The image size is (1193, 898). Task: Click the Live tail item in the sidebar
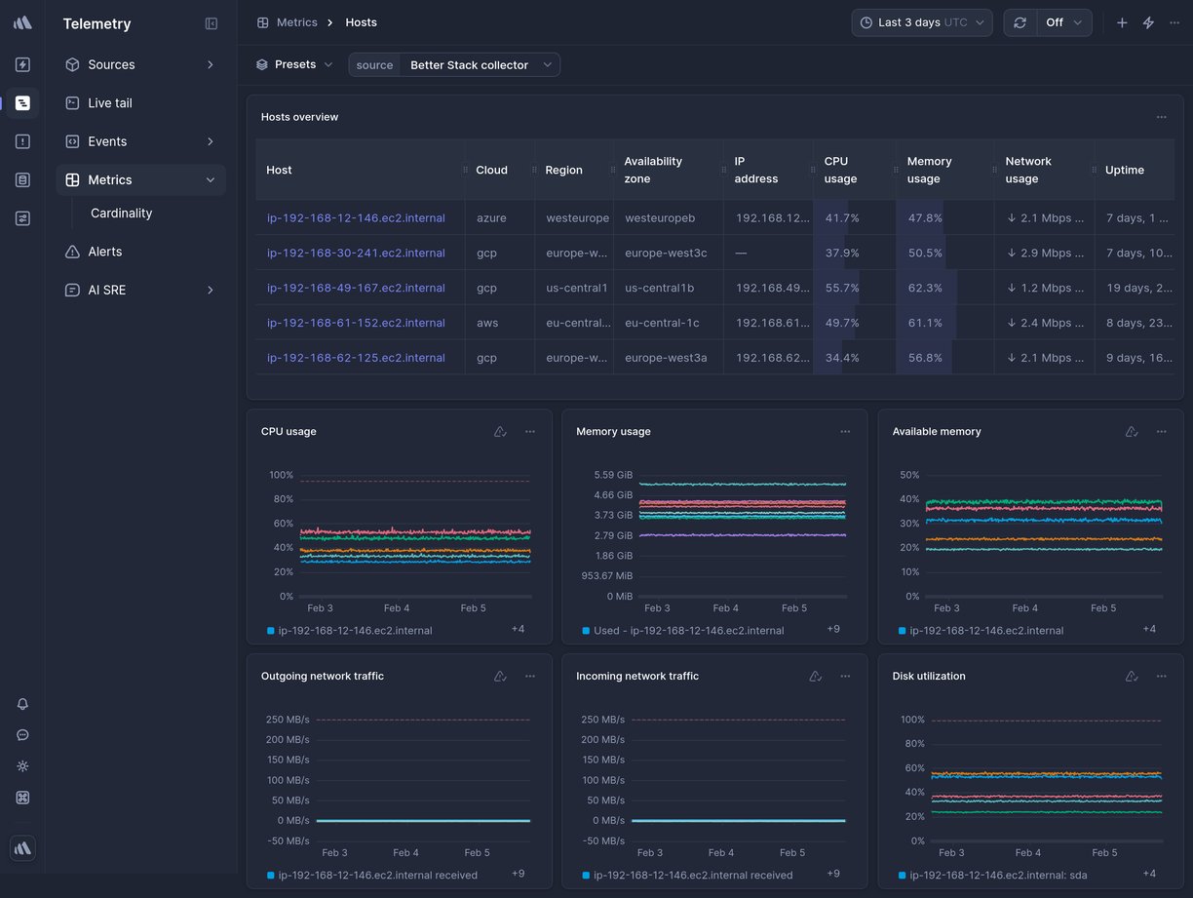(x=109, y=103)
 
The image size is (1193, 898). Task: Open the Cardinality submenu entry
(x=121, y=214)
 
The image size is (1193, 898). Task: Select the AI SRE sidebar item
(x=106, y=291)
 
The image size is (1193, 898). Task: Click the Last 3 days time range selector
(x=921, y=22)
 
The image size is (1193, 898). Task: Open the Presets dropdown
(x=294, y=65)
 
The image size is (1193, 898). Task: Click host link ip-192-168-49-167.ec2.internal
(x=356, y=289)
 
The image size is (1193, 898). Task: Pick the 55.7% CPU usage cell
(x=841, y=289)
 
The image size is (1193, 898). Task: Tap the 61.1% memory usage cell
(x=924, y=323)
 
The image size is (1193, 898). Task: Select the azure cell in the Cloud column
(x=491, y=218)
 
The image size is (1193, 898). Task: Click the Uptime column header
(x=1124, y=171)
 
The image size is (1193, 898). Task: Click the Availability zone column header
(x=653, y=170)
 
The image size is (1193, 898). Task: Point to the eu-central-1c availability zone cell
(x=662, y=323)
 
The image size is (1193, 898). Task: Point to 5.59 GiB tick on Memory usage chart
(x=613, y=476)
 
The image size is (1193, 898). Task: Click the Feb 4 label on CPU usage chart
(x=397, y=608)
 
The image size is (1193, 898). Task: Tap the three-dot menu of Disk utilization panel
(x=1161, y=677)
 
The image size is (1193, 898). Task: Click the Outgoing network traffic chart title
(x=322, y=677)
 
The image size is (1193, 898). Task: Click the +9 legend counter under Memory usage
(x=833, y=630)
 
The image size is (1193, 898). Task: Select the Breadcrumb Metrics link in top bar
(x=296, y=22)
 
